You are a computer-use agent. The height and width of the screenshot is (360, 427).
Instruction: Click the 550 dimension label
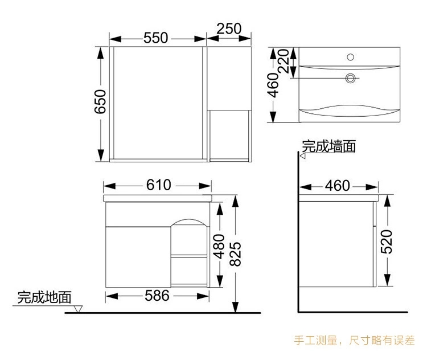point(155,38)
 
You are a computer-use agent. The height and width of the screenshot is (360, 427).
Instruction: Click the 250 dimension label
point(229,28)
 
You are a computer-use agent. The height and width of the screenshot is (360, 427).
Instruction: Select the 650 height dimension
point(100,102)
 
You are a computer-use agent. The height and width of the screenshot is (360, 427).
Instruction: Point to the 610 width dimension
point(159,185)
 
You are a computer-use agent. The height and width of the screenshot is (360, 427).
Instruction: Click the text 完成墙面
point(329,146)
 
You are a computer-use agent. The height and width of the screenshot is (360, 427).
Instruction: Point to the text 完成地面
point(44,297)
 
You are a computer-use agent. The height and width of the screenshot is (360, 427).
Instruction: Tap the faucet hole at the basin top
point(350,56)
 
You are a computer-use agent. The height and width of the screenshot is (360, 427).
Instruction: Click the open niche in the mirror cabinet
point(229,132)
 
